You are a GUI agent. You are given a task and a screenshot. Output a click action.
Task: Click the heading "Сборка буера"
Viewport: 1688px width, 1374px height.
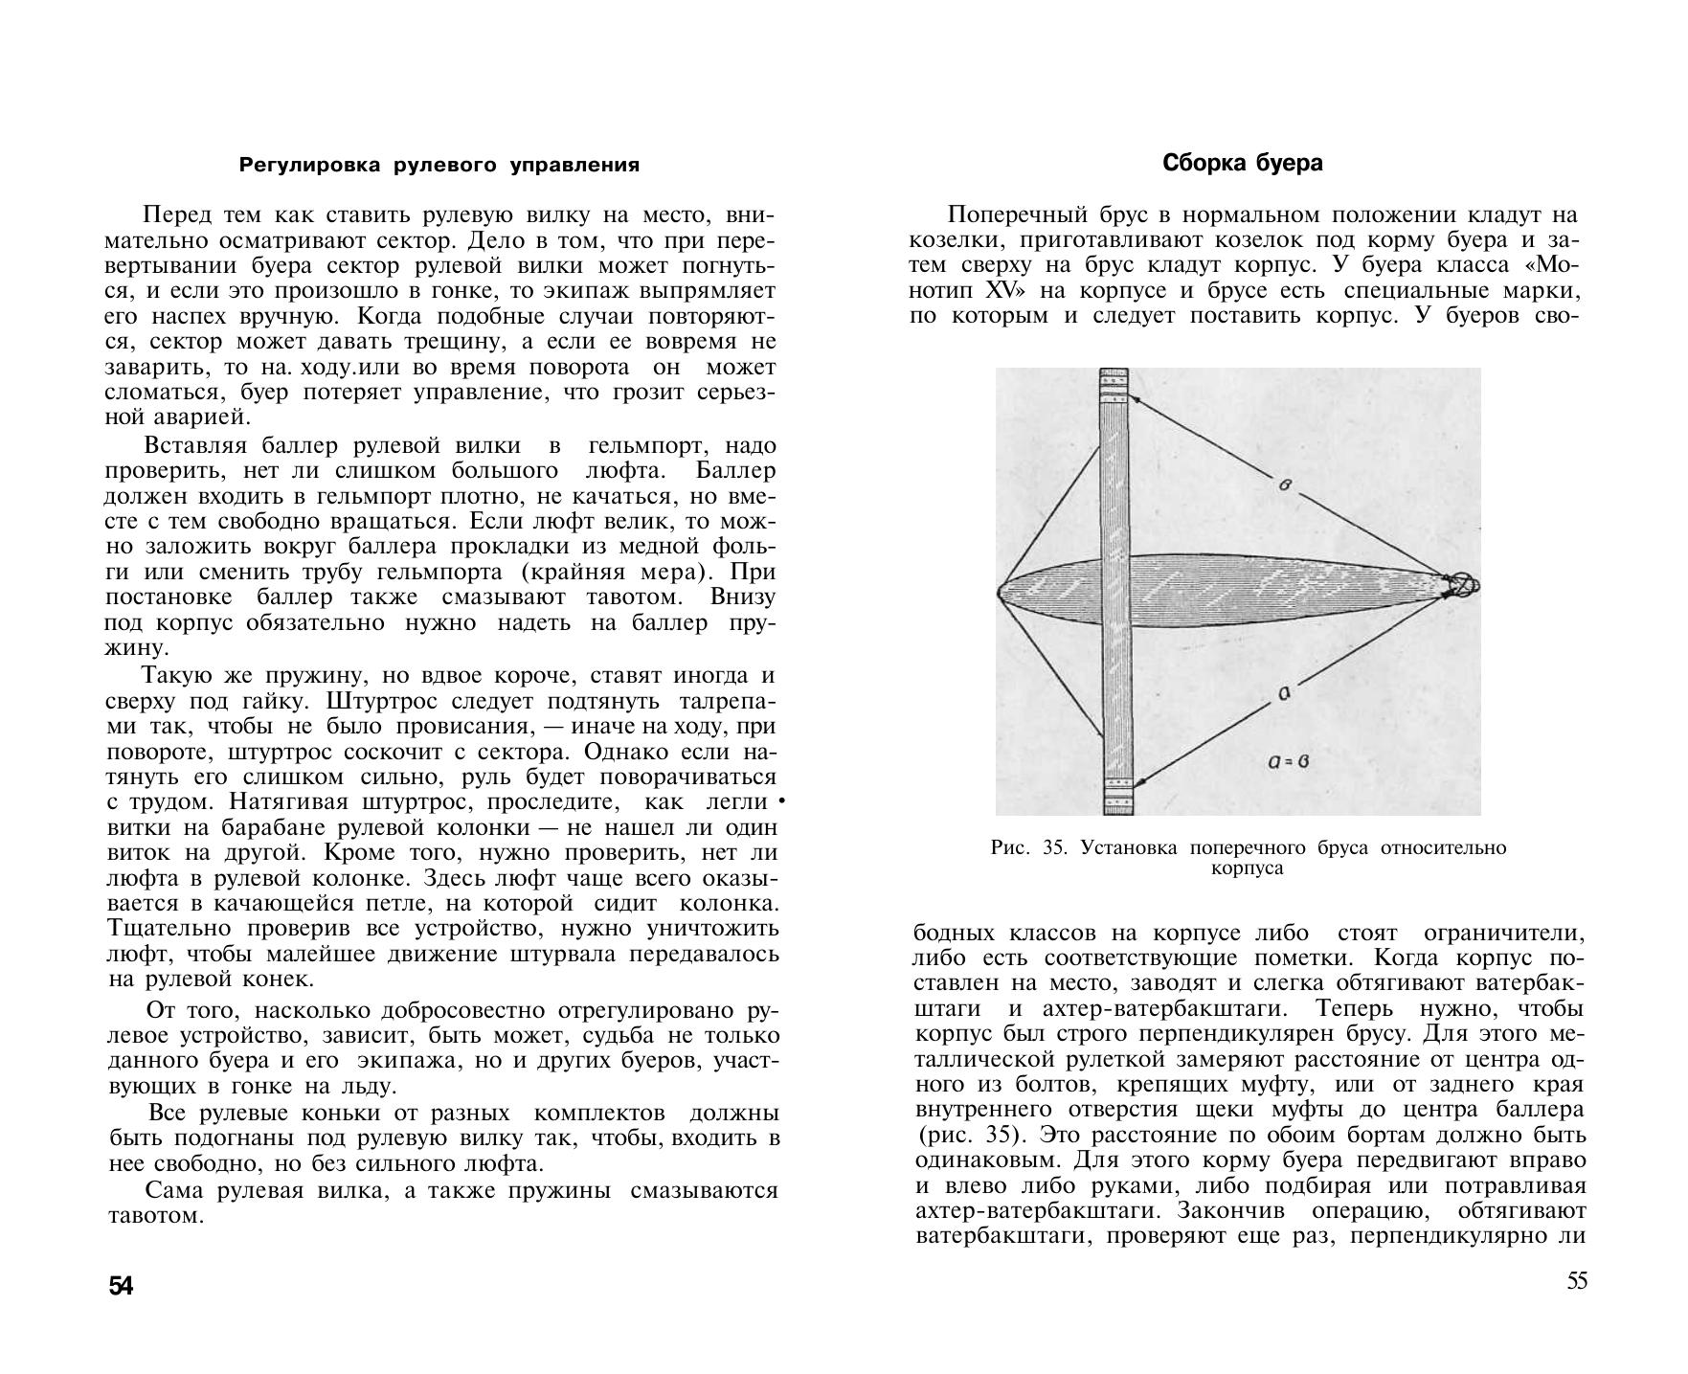pos(1242,164)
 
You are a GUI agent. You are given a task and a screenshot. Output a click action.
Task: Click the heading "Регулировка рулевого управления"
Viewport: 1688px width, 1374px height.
pos(439,166)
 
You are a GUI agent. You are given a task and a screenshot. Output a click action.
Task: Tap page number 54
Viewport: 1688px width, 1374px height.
pos(122,1287)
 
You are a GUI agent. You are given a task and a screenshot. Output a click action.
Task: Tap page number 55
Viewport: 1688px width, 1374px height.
pos(1576,1281)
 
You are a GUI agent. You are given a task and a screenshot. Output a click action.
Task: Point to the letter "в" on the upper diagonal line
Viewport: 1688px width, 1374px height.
pos(1285,485)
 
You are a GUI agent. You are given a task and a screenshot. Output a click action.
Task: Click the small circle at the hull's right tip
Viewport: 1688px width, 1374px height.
pos(1465,585)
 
